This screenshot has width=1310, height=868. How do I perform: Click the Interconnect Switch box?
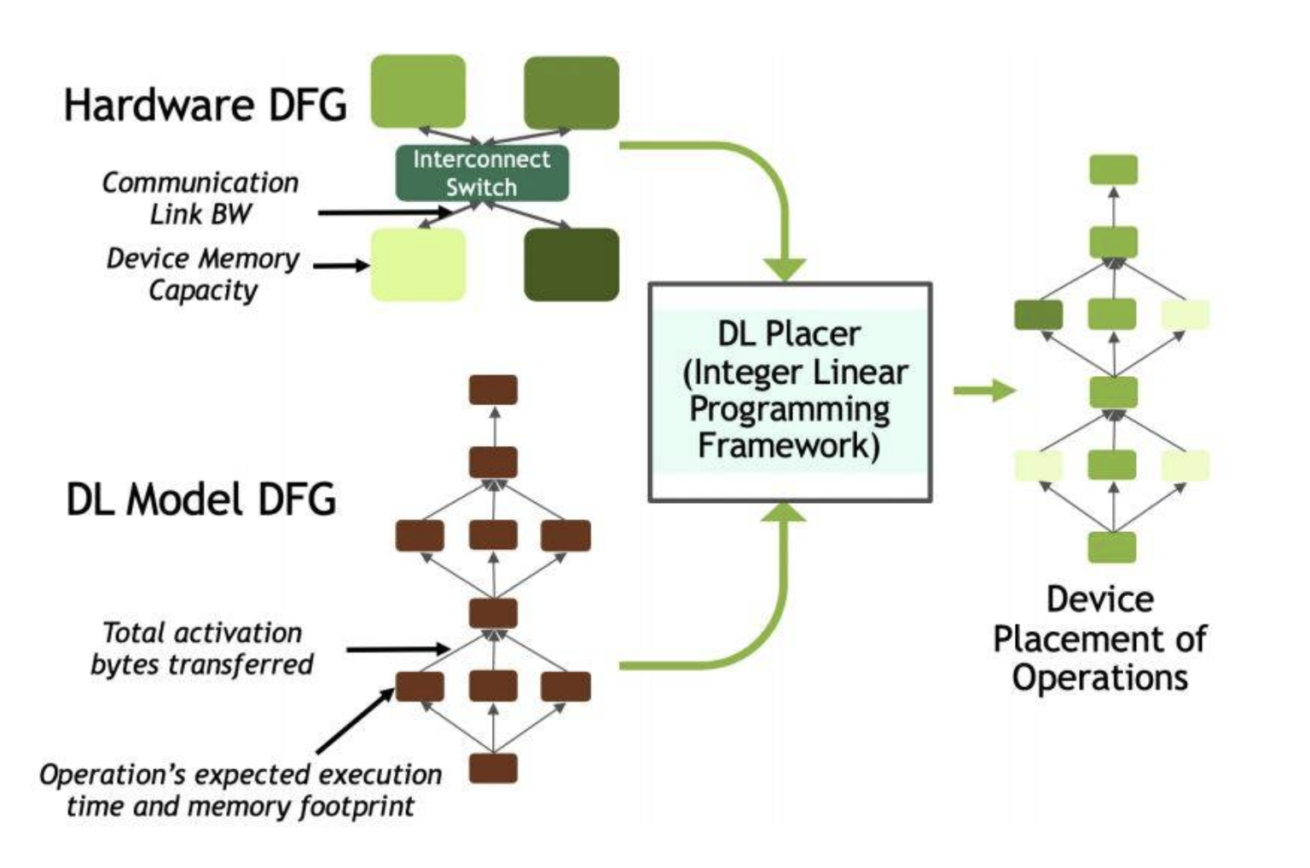tap(482, 173)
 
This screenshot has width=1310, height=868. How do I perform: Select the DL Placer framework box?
tap(790, 391)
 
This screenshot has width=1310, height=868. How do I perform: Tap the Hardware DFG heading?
tap(206, 105)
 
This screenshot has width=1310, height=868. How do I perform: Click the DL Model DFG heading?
tap(201, 499)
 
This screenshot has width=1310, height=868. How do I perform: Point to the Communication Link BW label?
tap(200, 198)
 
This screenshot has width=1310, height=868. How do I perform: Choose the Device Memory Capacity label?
tap(203, 274)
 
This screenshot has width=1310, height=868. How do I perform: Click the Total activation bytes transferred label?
tap(202, 648)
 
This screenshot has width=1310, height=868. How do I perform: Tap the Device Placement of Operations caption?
tap(1099, 638)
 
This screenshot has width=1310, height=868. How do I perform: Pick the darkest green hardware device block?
tap(571, 264)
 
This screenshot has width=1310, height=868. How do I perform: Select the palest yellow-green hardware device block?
tap(418, 264)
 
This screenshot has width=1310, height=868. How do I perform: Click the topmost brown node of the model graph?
tap(493, 390)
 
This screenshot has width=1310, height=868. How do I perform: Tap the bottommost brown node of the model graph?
tap(493, 767)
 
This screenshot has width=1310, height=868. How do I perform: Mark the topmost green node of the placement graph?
tap(1113, 170)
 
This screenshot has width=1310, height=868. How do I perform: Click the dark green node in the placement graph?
tap(1039, 315)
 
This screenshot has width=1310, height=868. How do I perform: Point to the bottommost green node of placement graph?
tap(1112, 547)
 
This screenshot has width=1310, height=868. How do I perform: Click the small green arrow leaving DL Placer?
tap(984, 391)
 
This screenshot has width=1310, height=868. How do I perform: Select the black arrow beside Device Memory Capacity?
tap(341, 266)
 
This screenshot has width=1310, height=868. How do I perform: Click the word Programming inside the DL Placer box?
tap(789, 409)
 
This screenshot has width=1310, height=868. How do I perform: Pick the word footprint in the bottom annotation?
tap(356, 806)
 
